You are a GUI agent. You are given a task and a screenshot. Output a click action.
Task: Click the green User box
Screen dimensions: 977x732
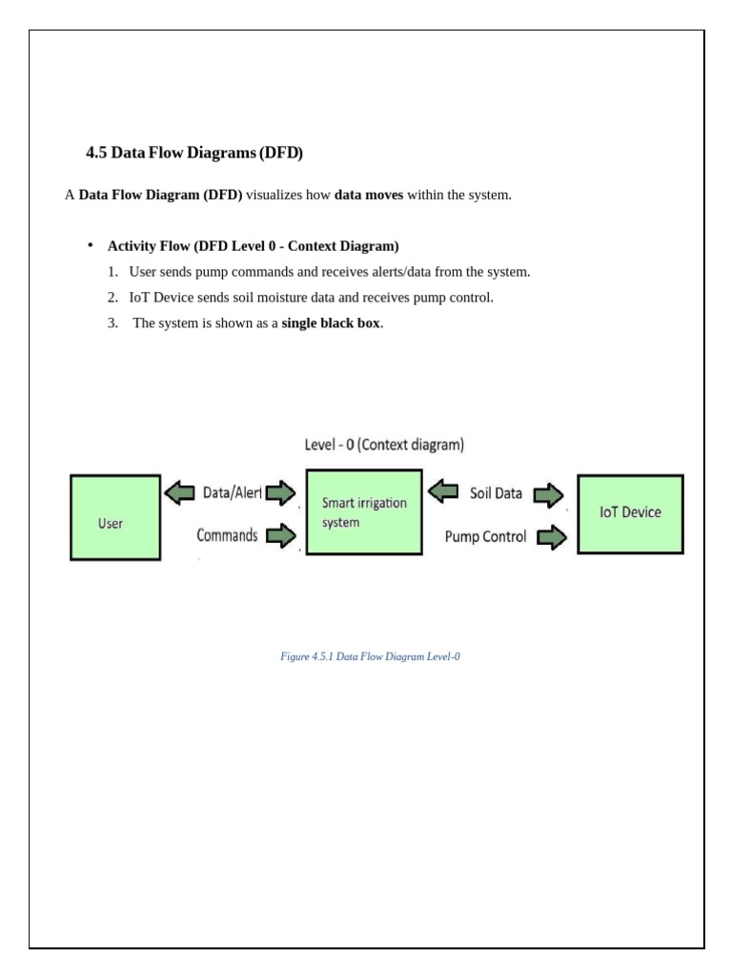[x=115, y=517]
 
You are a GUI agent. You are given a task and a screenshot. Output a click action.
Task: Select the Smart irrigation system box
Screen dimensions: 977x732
[x=362, y=512]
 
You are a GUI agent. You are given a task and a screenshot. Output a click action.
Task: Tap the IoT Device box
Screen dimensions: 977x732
[x=630, y=513]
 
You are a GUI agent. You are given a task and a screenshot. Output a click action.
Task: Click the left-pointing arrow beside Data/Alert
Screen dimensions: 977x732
[x=178, y=493]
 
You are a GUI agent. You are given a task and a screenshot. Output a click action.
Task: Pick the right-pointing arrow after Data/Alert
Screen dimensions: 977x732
[x=280, y=493]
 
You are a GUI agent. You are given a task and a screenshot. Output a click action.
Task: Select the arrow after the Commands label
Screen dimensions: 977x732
[x=280, y=535]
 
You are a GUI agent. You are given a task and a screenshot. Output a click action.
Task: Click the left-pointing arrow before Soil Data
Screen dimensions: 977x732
[x=443, y=492]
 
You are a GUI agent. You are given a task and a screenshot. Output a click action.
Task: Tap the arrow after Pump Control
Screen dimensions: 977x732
[x=552, y=538]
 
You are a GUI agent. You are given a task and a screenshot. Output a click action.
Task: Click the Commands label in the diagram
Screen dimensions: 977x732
[x=227, y=535]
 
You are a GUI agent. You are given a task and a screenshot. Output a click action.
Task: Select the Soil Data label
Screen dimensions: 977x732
[x=496, y=493]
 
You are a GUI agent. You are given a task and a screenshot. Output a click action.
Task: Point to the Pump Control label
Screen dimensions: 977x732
[x=485, y=537]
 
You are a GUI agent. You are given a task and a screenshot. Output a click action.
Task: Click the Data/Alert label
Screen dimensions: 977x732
[x=230, y=493]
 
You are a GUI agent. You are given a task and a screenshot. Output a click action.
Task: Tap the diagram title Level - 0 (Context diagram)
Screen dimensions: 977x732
[x=384, y=445]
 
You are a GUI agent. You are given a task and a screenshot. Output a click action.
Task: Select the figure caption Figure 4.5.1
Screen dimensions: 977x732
[x=371, y=657]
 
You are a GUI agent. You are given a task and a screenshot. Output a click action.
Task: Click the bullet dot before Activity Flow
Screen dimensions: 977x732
[x=91, y=245]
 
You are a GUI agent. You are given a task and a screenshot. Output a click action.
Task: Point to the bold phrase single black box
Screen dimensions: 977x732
[x=331, y=322]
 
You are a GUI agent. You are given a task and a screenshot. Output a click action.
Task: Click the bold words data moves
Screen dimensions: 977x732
[x=369, y=195]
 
